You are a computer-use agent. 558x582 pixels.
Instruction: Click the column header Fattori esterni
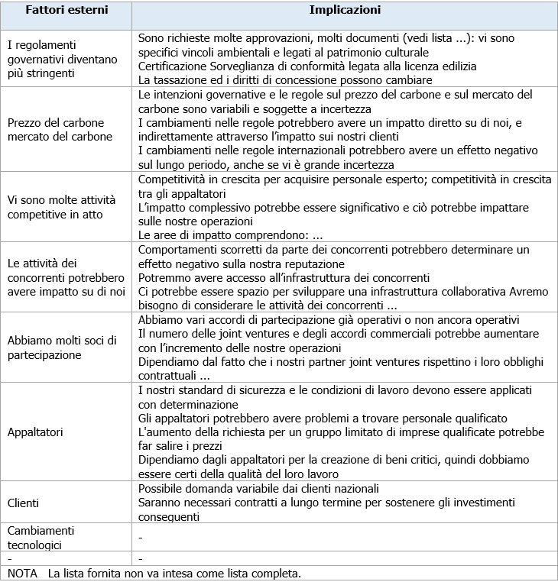[67, 12]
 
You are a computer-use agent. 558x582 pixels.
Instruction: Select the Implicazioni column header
[345, 11]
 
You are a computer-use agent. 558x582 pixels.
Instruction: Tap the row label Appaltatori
[34, 432]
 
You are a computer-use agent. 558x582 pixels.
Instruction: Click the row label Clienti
[24, 503]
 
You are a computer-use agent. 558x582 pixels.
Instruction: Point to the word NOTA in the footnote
[23, 573]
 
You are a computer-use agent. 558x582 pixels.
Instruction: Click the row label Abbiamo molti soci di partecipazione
[61, 348]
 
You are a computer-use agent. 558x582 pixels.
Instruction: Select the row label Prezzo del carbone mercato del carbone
[60, 130]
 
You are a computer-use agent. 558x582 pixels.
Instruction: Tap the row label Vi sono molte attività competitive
[61, 206]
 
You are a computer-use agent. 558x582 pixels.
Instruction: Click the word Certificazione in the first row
[171, 66]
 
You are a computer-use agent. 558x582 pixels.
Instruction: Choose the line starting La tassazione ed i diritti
[285, 79]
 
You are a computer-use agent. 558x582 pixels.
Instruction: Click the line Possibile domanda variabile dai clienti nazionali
[270, 489]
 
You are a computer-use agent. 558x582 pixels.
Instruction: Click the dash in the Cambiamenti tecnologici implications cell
[141, 538]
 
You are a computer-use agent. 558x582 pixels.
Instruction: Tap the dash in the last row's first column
[9, 559]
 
